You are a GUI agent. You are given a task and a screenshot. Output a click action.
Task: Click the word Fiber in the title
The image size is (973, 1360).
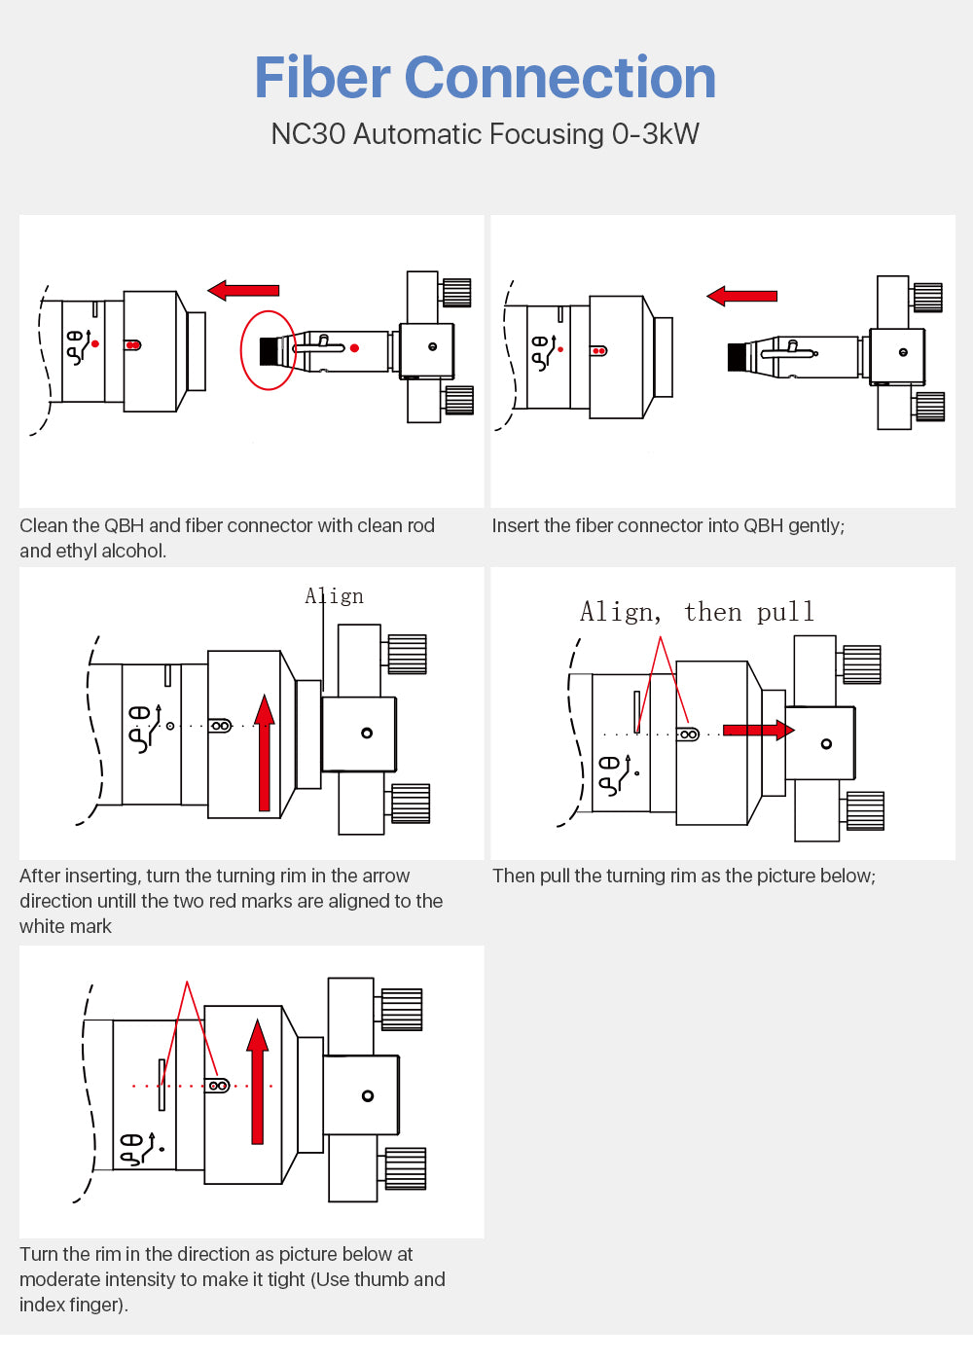[x=322, y=78]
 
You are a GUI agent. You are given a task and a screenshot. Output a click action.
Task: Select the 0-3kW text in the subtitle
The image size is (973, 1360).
[x=655, y=134]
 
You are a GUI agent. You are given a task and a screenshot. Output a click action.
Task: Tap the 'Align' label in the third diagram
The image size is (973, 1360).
[x=335, y=596]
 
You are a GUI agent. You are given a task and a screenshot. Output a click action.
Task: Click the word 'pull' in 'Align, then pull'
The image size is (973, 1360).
[x=785, y=612]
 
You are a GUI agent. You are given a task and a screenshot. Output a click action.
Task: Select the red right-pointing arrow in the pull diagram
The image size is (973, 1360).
[x=758, y=730]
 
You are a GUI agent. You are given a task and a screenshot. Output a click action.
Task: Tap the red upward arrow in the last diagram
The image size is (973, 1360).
[x=257, y=1081]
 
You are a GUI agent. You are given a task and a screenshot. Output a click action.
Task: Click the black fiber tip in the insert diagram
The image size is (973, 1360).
[x=737, y=357]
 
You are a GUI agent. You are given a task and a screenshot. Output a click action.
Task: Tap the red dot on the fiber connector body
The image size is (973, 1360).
[x=354, y=348]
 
